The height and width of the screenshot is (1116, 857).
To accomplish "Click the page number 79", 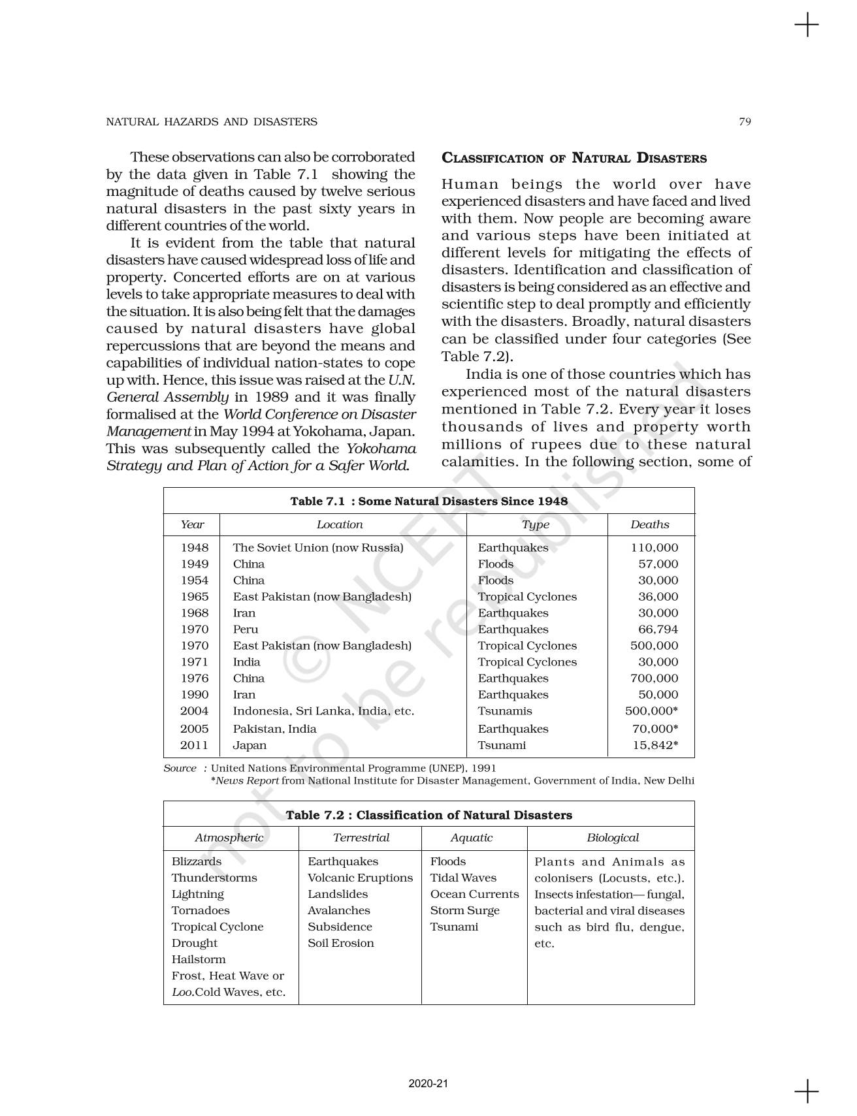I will coord(745,121).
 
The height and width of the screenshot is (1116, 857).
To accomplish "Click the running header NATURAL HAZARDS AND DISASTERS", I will coord(212,121).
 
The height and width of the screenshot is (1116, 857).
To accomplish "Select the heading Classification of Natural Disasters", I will coord(574,158).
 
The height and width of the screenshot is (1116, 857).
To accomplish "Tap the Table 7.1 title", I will coord(428,501).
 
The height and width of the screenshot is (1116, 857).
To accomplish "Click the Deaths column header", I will coord(649,524).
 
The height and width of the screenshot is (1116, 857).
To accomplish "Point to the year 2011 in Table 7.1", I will coord(195,745).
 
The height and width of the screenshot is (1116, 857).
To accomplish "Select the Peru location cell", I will coord(246,630).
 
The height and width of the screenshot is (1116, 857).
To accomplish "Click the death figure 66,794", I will coord(658,630).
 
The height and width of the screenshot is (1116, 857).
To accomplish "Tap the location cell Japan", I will coord(250,745).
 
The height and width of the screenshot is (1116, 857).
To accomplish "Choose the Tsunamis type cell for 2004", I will coord(504,711).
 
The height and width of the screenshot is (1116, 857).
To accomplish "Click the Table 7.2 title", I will coord(428,815).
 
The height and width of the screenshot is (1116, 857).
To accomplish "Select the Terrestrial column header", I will coord(361,838).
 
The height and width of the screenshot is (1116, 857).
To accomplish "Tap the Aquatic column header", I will coord(471,838).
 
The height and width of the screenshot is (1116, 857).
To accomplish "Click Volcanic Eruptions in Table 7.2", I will coord(360,878).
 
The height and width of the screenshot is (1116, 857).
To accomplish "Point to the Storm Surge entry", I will coord(464,910).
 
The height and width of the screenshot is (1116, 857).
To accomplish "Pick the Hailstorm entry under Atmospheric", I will coord(199,959).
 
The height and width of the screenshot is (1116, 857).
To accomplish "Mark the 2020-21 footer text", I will coord(428,1084).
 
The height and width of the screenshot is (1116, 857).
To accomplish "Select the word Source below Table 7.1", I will coord(180,768).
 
